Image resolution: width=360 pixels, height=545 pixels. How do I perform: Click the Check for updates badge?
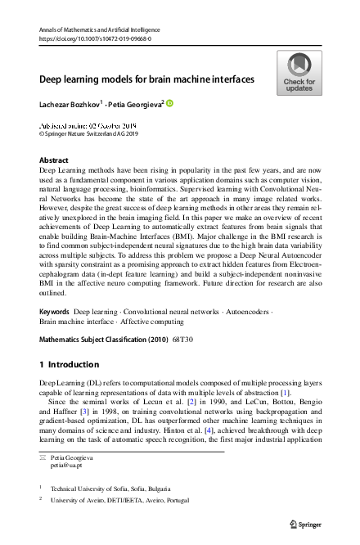pyautogui.click(x=299, y=73)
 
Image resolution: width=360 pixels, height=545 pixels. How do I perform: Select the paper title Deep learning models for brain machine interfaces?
pyautogui.click(x=147, y=79)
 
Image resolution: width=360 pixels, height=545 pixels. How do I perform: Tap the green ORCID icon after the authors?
pyautogui.click(x=170, y=103)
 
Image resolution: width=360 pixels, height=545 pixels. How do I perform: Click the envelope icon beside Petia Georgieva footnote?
pyautogui.click(x=43, y=453)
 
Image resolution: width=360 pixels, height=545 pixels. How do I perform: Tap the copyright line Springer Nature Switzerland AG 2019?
pyautogui.click(x=90, y=135)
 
